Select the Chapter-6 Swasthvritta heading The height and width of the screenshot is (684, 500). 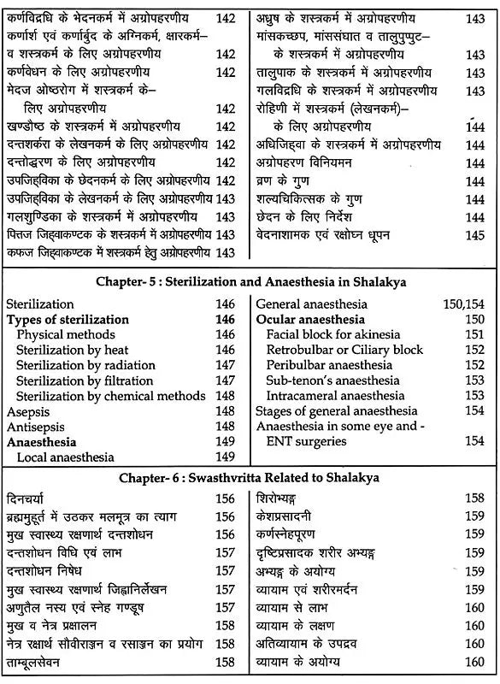click(x=250, y=477)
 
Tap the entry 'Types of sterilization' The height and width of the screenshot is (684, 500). click(x=68, y=320)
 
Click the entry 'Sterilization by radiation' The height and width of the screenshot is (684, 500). click(x=85, y=365)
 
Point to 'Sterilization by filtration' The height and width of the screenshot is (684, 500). click(x=85, y=380)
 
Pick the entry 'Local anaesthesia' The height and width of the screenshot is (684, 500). click(x=64, y=457)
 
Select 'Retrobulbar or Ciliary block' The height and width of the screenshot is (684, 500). click(x=344, y=350)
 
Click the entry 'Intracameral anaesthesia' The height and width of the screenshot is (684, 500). click(x=336, y=396)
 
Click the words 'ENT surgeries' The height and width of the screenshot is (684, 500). click(x=306, y=441)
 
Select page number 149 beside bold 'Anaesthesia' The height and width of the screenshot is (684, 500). click(x=225, y=442)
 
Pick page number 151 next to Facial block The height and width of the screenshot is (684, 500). click(x=474, y=334)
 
